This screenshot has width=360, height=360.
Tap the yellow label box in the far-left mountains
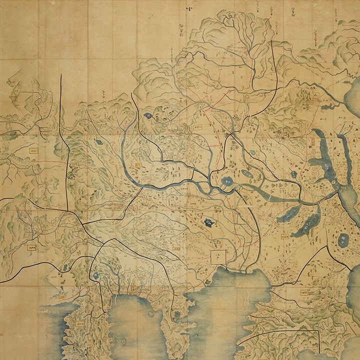click(x=34, y=149)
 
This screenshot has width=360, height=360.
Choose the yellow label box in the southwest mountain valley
click(x=33, y=246)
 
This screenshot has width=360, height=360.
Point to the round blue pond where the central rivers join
click(x=226, y=181)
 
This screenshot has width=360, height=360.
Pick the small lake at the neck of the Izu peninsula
click(x=95, y=274)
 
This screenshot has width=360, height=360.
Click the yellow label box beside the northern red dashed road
click(x=197, y=128)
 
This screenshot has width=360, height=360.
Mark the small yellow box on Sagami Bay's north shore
click(x=132, y=287)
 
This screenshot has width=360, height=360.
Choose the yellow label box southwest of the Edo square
click(x=175, y=248)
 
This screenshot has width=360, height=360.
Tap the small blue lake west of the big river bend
click(x=98, y=142)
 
